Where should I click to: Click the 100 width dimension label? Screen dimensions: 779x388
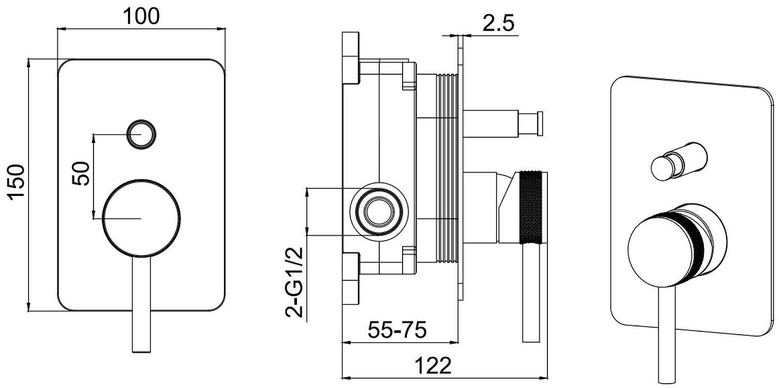(x=141, y=16)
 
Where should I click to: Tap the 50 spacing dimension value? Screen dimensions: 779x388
(x=81, y=173)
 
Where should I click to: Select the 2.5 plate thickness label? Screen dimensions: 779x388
(x=498, y=23)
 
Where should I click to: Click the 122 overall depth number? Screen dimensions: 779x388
(x=433, y=365)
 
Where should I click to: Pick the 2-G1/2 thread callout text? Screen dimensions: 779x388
(x=295, y=282)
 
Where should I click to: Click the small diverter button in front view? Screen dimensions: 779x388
(x=141, y=134)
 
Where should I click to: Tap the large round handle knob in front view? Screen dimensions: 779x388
(x=141, y=219)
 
